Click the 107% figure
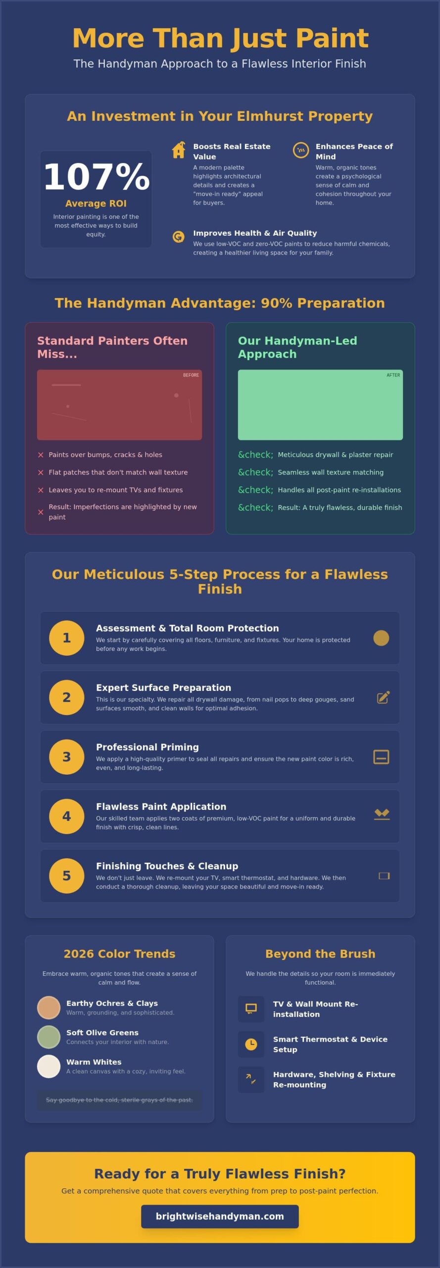[97, 177]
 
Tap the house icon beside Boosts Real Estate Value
[179, 150]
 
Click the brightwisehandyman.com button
[220, 1216]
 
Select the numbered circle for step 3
[67, 756]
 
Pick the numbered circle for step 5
[67, 875]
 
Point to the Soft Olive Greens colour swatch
[49, 1037]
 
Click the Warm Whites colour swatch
[49, 1066]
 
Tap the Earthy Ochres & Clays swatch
[49, 1007]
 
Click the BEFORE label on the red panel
[191, 375]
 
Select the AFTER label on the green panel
[393, 375]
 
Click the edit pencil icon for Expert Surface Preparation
[384, 697]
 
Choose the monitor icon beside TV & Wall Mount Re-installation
[251, 1008]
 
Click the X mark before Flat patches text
[41, 473]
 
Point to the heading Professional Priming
[147, 747]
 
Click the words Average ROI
[96, 204]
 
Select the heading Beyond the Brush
[320, 953]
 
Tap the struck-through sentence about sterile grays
[119, 1100]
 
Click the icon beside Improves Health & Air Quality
[178, 237]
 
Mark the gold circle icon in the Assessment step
[381, 638]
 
